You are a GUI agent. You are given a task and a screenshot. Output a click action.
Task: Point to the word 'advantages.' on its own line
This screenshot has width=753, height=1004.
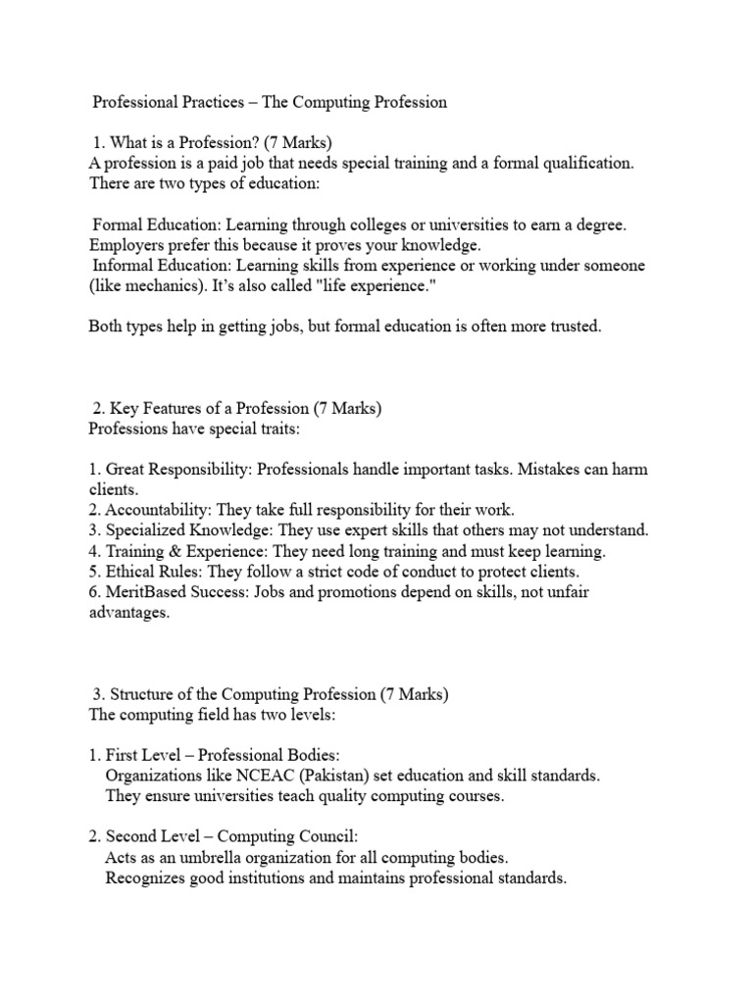point(128,613)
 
